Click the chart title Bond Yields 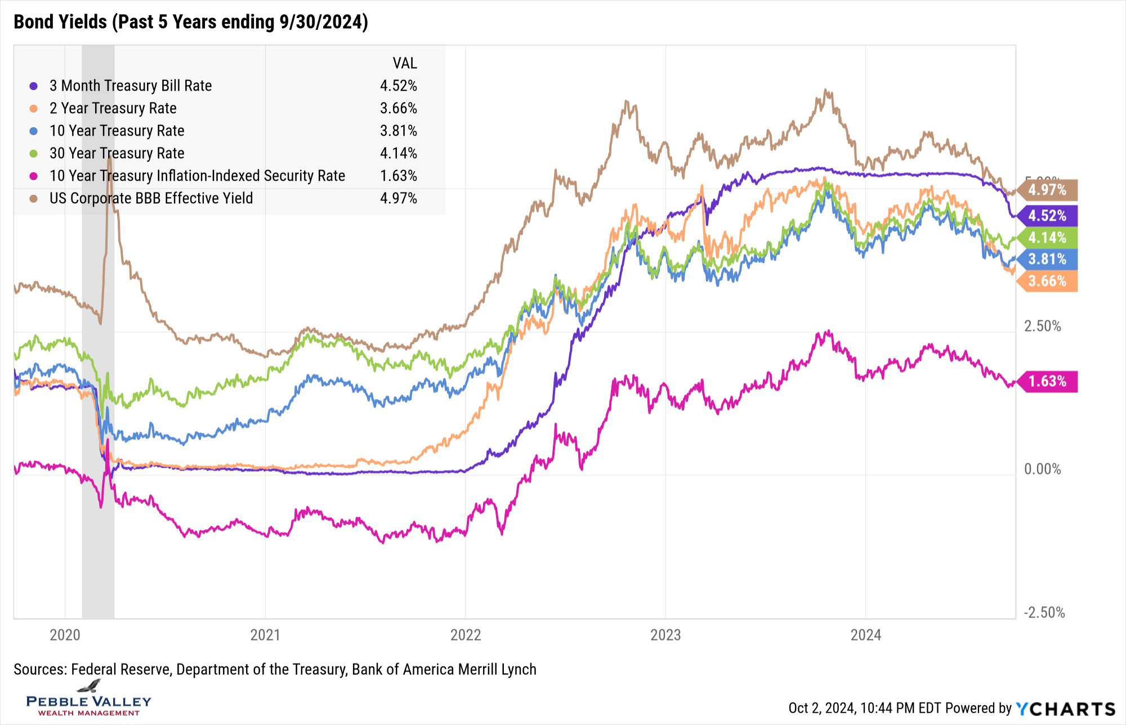point(190,22)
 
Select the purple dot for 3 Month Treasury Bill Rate point(34,86)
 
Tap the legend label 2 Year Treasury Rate point(113,108)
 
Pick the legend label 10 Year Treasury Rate point(117,131)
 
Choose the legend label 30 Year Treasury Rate point(117,153)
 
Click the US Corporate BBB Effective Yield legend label point(151,198)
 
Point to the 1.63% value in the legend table point(398,176)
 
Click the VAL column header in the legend point(404,63)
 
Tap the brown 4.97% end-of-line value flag point(1048,190)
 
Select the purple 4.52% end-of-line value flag point(1048,216)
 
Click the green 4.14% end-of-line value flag point(1048,238)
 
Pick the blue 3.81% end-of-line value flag point(1048,259)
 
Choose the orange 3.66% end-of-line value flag point(1048,281)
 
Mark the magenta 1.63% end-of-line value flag point(1048,382)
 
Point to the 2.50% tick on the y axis point(1042,326)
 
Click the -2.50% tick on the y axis point(1044,612)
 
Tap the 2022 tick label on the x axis point(466,635)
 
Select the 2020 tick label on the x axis point(65,635)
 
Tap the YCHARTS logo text point(1065,709)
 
